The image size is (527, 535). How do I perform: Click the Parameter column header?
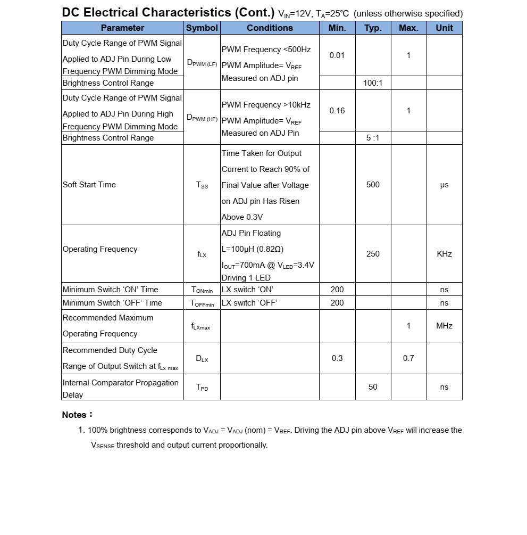click(x=122, y=28)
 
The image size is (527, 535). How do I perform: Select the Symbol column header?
click(x=202, y=28)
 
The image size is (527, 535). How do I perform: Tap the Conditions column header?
click(x=270, y=28)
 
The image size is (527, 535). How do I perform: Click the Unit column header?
click(x=444, y=28)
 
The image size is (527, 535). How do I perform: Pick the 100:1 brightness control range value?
click(x=373, y=83)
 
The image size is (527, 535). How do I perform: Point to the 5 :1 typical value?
click(x=373, y=138)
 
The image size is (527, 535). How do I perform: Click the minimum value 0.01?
click(x=337, y=55)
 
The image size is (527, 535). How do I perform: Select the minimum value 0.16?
click(x=337, y=111)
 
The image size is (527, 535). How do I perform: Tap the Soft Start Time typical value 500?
click(x=373, y=185)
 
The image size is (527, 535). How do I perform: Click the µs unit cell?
click(x=444, y=185)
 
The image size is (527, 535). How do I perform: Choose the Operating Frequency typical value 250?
click(x=373, y=254)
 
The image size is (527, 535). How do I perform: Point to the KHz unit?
click(x=444, y=254)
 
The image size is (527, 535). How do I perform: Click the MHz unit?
click(x=444, y=325)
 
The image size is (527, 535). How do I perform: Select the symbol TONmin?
click(x=202, y=290)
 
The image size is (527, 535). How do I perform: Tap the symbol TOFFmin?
click(x=202, y=303)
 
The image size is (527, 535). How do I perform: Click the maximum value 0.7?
click(x=408, y=358)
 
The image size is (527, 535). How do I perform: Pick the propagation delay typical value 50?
click(x=373, y=387)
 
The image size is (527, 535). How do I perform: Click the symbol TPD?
click(x=202, y=388)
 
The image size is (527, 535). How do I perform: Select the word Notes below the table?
click(x=74, y=415)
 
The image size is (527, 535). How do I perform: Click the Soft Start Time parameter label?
click(x=89, y=185)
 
